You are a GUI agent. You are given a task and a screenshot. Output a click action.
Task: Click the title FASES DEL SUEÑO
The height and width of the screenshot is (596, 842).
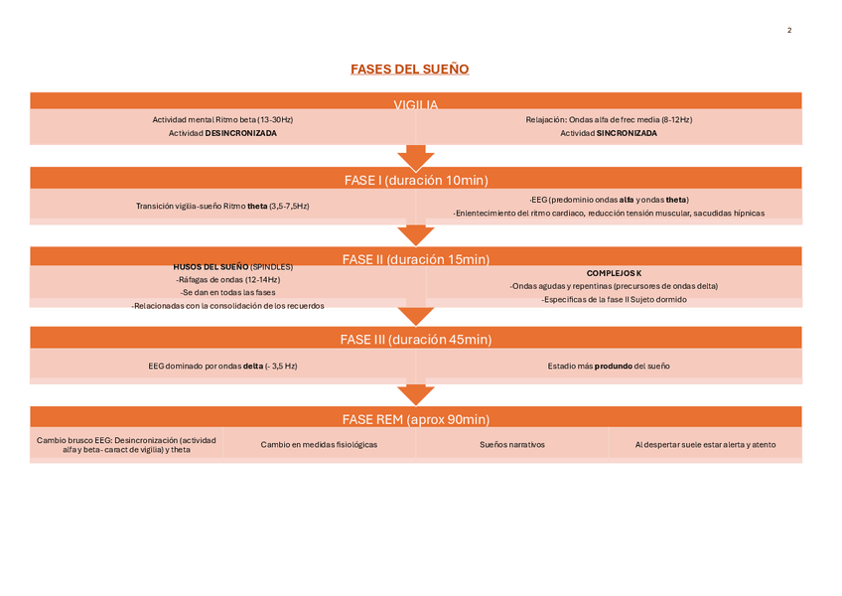[x=409, y=69]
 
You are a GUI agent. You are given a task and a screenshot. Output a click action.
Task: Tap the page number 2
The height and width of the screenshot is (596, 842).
[x=789, y=32]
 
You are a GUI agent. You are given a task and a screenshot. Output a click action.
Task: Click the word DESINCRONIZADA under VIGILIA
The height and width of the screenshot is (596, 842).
[x=241, y=133]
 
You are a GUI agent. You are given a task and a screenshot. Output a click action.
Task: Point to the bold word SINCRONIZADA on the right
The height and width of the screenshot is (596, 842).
[x=627, y=133]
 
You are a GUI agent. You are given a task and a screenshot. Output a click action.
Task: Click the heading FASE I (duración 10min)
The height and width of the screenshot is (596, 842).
[x=416, y=180]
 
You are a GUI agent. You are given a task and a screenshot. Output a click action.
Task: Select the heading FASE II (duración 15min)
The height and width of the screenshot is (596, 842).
[x=416, y=259]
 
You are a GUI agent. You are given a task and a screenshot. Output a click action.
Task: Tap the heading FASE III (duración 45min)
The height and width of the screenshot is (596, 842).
[x=416, y=339]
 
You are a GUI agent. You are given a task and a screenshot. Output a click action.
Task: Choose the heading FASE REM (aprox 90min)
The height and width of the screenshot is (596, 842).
[x=416, y=419]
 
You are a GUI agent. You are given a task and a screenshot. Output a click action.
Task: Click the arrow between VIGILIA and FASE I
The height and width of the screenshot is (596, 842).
[x=416, y=156]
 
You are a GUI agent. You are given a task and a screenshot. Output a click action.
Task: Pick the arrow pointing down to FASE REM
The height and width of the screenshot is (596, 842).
[x=416, y=393]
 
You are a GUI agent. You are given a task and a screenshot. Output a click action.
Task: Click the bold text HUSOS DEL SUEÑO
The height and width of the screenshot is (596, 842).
[x=210, y=267]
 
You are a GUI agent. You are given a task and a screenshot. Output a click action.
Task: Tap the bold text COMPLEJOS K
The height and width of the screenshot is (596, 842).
[x=614, y=272]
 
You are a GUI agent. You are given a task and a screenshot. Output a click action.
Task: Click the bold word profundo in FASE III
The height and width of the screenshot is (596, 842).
[x=606, y=367]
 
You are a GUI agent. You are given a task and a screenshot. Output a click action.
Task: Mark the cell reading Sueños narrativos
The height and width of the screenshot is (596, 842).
[x=512, y=445]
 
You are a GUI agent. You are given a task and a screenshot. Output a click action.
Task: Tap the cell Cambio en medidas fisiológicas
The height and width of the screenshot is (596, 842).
[x=319, y=445]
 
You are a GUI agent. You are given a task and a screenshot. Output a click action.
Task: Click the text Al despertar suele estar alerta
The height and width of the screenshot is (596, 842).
[x=706, y=445]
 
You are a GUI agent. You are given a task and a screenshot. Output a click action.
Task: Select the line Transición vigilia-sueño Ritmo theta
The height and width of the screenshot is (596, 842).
[x=222, y=207]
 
